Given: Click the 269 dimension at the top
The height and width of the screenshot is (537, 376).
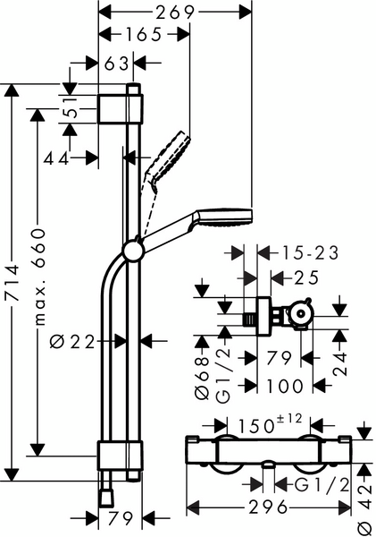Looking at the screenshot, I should (175, 12).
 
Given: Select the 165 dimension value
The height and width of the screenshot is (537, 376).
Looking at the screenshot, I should (143, 36).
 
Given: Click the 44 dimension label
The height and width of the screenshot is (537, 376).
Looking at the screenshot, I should (59, 158).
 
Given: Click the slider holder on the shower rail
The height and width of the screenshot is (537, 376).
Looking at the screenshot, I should (134, 251).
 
